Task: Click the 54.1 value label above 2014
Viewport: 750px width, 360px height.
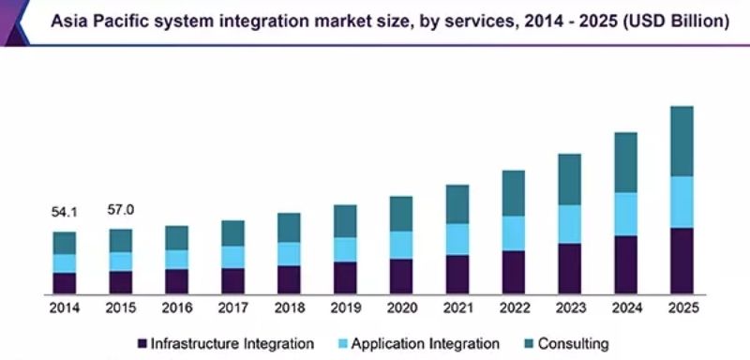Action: (64, 213)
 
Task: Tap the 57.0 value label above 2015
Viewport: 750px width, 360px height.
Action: (120, 210)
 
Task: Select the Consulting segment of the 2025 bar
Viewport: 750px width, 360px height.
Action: (682, 141)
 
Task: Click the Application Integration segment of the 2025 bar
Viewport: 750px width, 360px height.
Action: (682, 202)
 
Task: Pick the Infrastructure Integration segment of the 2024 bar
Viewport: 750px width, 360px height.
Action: (625, 264)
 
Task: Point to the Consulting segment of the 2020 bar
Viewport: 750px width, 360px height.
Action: (401, 214)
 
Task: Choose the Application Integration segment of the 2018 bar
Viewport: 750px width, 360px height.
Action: (289, 254)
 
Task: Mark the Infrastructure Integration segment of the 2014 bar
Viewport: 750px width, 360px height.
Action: (64, 284)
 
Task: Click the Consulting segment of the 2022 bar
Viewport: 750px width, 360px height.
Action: (513, 193)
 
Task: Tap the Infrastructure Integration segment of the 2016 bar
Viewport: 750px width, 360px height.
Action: (176, 281)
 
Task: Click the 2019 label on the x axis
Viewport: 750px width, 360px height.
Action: (345, 307)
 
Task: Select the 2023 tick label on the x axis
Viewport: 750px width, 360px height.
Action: (569, 307)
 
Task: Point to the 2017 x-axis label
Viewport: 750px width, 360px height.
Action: (232, 307)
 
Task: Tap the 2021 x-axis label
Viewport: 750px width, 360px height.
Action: (457, 307)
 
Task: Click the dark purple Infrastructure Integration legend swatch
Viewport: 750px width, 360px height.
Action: (142, 344)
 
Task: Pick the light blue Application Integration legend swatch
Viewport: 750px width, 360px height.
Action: (343, 344)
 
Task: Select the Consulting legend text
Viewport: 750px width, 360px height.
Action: (574, 344)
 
